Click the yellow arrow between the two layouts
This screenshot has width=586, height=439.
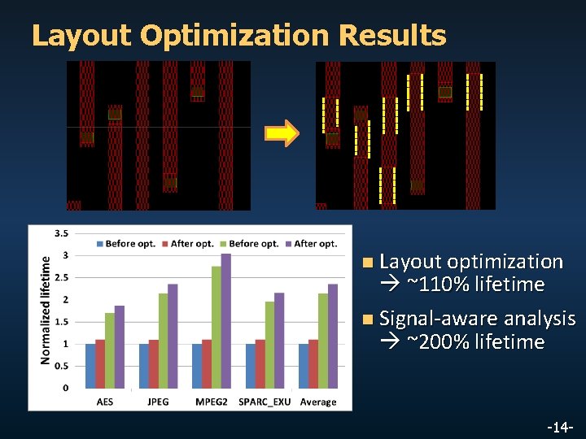[282, 133]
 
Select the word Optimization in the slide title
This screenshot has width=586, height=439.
[236, 36]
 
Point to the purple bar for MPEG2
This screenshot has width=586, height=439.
[225, 320]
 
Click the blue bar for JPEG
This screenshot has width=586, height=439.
[143, 365]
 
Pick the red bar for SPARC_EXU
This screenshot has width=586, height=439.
[260, 363]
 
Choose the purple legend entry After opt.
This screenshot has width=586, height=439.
[314, 243]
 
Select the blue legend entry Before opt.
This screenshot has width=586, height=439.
[130, 243]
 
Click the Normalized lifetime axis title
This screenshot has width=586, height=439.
[46, 309]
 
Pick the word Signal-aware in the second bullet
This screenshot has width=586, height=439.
[439, 319]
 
